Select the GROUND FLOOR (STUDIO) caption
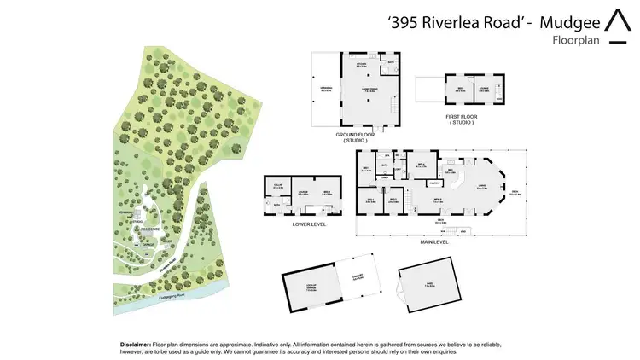355,136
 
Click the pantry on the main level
434,182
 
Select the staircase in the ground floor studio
394,106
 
